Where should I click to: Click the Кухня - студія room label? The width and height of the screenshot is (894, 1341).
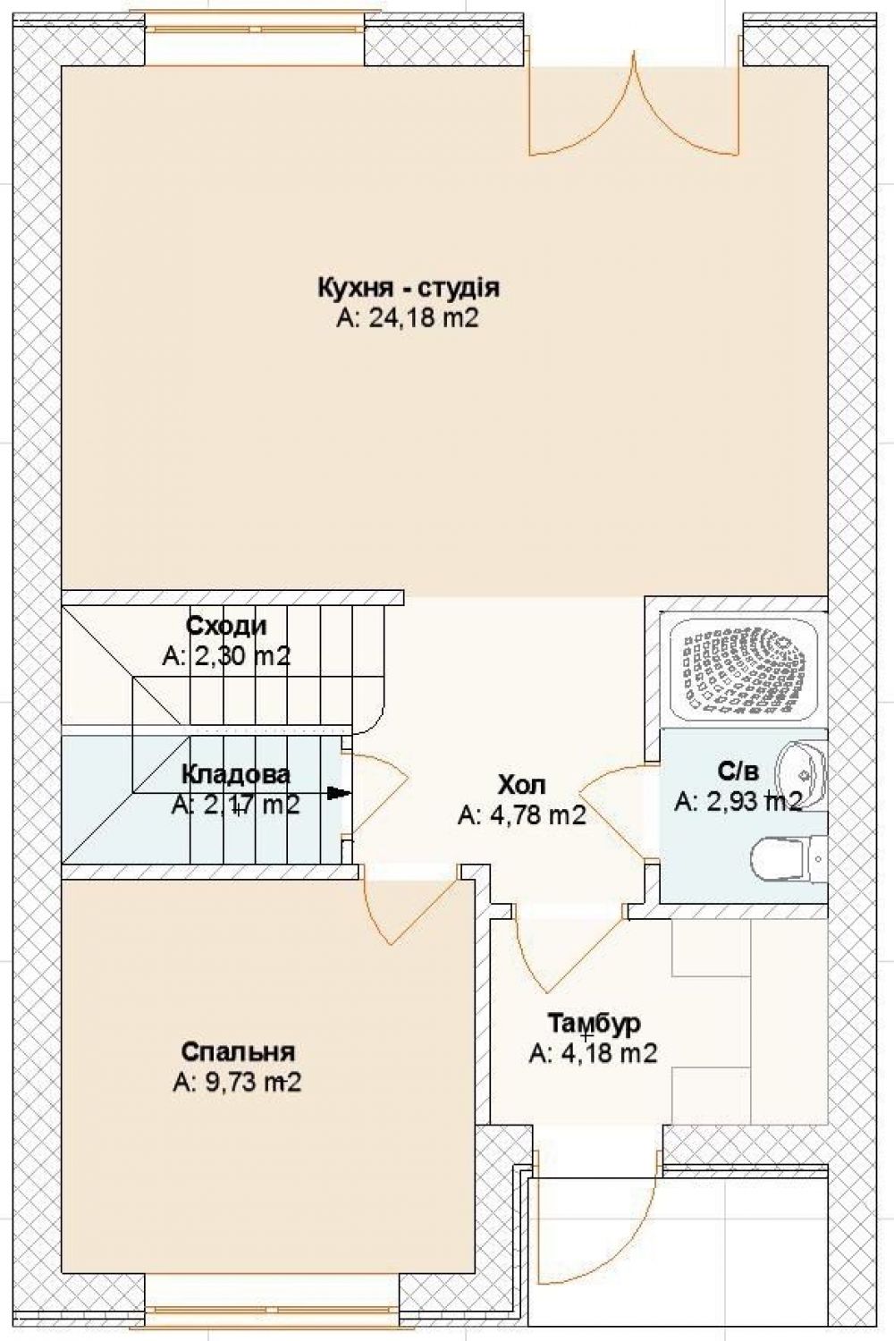coord(409,288)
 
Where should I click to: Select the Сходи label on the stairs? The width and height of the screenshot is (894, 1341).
coord(226,626)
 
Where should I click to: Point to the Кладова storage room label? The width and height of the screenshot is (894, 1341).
coord(236,774)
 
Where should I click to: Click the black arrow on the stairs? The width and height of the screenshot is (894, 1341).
coord(340,793)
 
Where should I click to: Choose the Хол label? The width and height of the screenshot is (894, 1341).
coord(522,784)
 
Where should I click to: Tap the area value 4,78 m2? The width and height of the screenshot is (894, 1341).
coord(521,815)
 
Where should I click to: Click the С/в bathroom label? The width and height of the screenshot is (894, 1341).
coord(738,772)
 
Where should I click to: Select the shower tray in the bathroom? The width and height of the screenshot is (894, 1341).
coord(744,670)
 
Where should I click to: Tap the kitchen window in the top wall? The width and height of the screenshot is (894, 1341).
coord(255,29)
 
